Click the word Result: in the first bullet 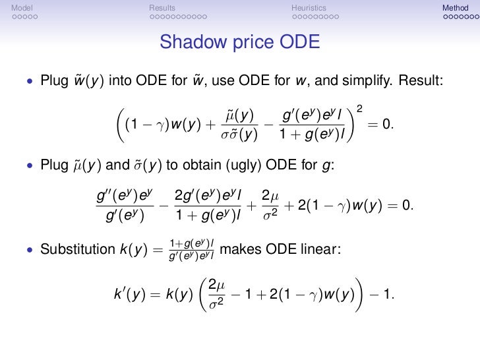(x=422, y=81)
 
